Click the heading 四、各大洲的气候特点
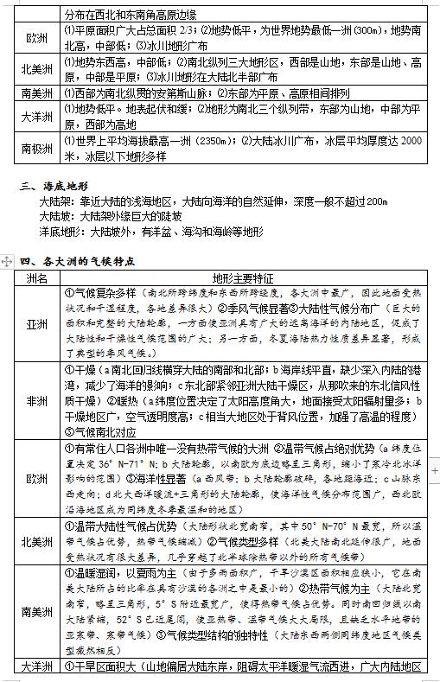pos(79,260)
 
